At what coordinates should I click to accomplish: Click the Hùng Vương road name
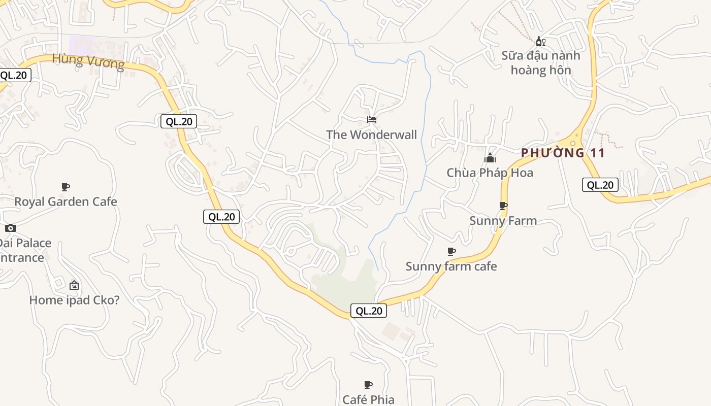[88, 61]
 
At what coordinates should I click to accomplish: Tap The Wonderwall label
[371, 134]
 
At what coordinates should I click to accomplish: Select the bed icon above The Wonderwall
[372, 120]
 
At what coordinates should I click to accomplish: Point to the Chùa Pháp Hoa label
[490, 173]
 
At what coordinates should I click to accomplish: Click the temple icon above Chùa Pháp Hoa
[490, 158]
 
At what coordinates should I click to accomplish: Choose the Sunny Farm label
[503, 221]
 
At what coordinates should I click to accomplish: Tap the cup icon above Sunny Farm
[503, 206]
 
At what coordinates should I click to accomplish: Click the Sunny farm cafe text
[451, 266]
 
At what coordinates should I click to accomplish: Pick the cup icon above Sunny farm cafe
[451, 251]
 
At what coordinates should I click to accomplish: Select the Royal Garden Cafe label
[66, 201]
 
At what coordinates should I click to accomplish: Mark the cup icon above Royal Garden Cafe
[65, 187]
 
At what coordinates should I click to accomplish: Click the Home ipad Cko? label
[74, 300]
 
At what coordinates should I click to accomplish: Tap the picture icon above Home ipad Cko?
[74, 285]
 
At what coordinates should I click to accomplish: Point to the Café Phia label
[368, 399]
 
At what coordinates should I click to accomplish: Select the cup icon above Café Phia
[368, 385]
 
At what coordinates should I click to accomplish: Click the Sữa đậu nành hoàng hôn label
[540, 62]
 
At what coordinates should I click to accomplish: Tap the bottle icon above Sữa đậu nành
[540, 41]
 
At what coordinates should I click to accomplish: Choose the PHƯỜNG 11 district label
[563, 153]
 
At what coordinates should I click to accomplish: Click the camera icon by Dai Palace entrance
[11, 228]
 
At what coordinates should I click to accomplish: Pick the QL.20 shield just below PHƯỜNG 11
[600, 185]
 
